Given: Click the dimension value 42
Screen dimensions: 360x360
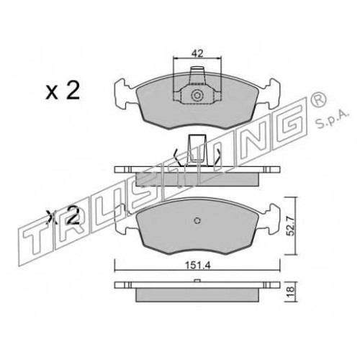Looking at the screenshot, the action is point(197,53).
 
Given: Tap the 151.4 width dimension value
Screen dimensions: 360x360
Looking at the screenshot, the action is point(197,266).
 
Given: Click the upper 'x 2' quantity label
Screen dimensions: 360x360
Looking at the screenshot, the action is point(63,91).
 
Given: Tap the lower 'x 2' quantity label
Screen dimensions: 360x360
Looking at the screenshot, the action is point(63,216).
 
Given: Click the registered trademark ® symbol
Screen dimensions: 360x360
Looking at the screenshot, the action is point(318,101).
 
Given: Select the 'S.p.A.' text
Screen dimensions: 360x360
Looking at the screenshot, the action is point(331,119).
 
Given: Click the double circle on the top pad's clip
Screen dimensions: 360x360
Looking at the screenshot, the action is point(197,96).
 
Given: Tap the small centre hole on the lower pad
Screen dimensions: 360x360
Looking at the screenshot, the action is point(197,220).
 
